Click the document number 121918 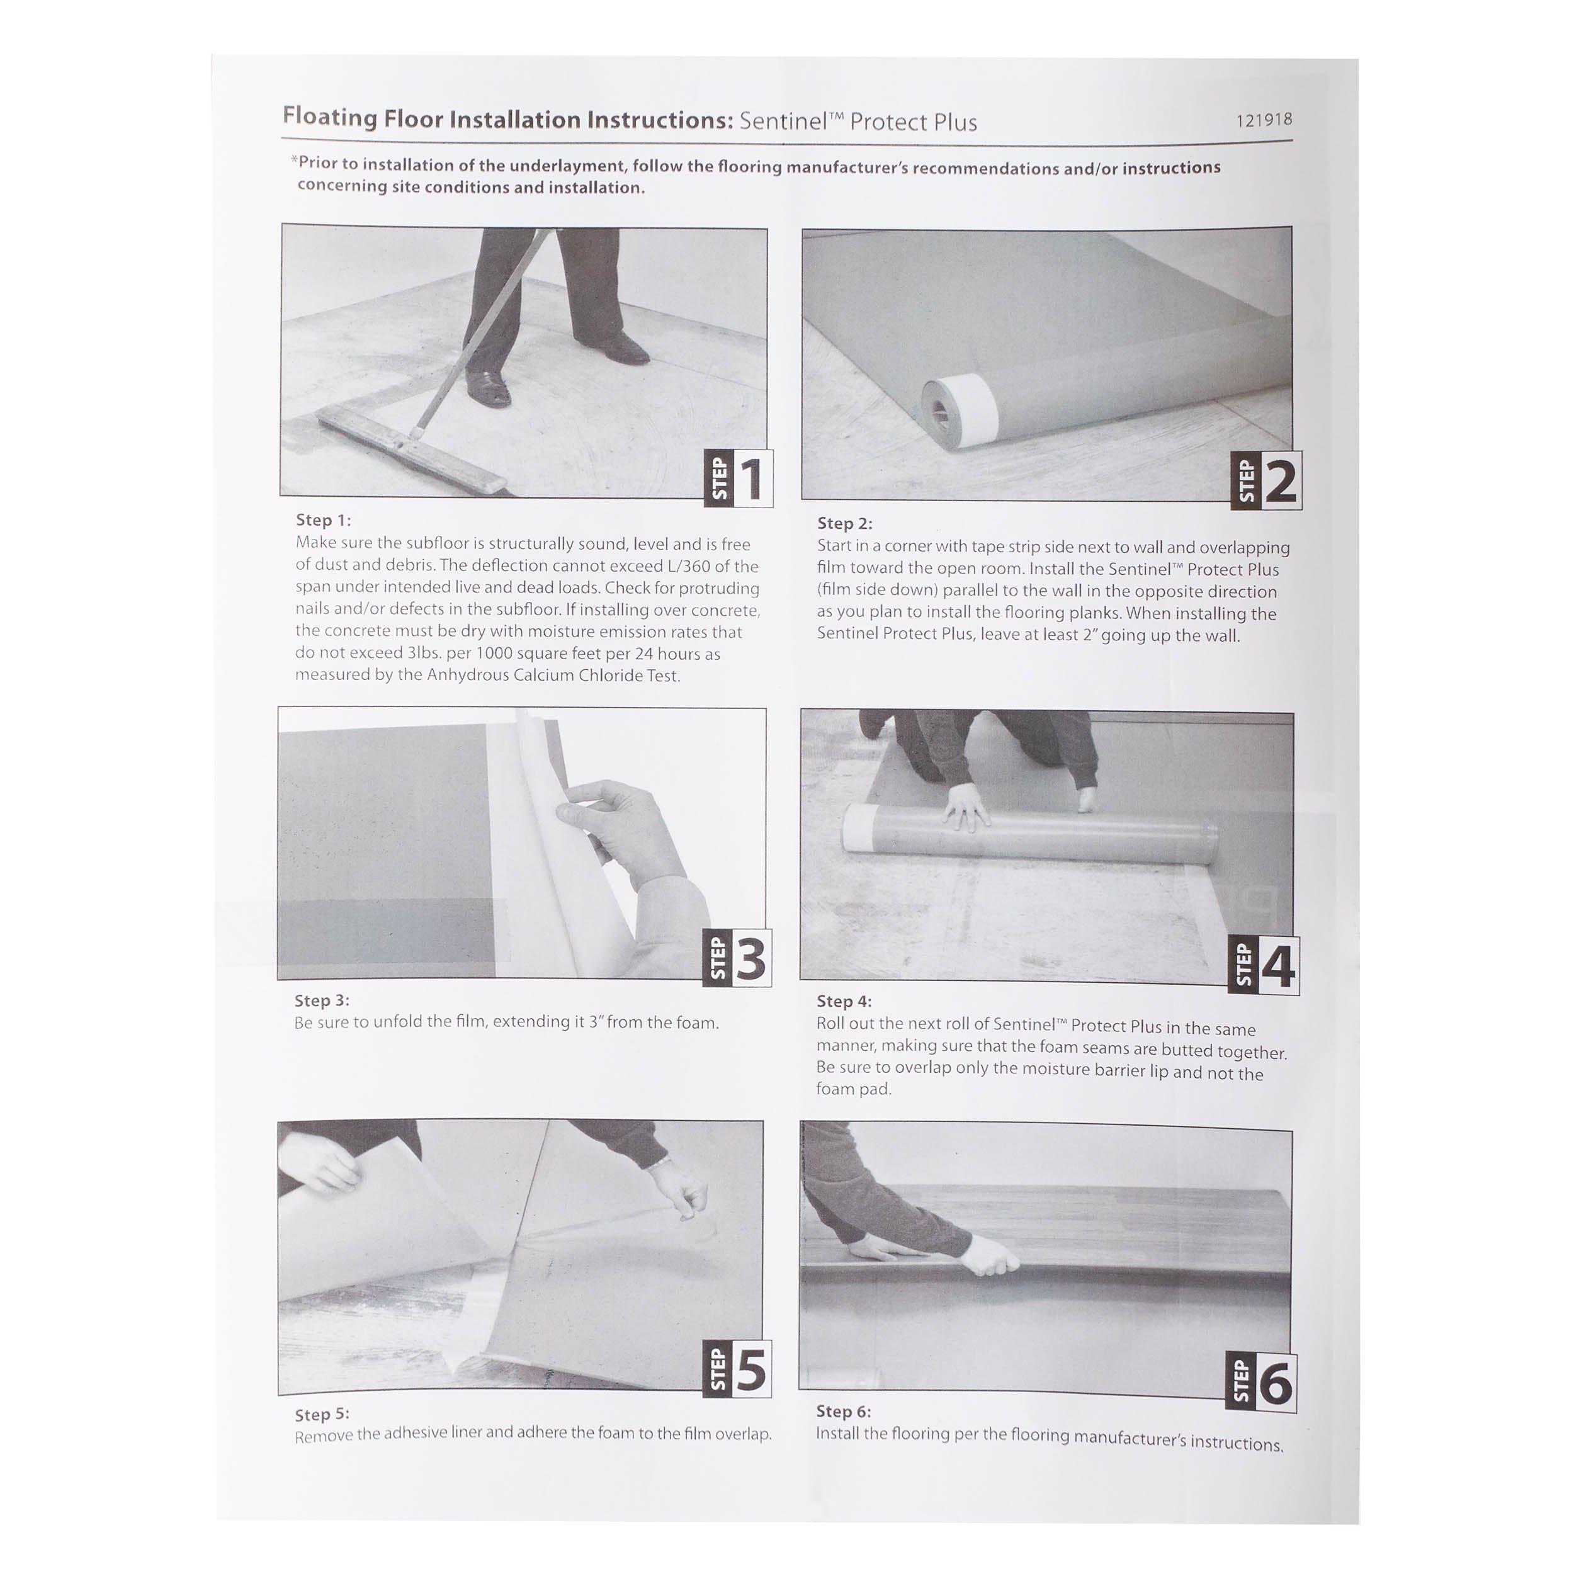pyautogui.click(x=1264, y=120)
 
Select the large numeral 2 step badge pyautogui.click(x=1281, y=482)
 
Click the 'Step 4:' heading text pyautogui.click(x=844, y=1001)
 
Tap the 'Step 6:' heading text pyautogui.click(x=843, y=1411)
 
